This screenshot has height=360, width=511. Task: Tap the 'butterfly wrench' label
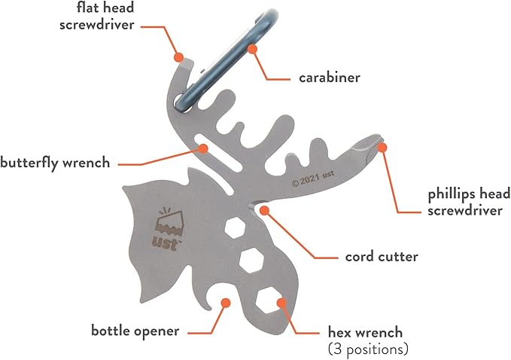55,162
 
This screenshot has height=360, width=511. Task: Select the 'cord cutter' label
381,256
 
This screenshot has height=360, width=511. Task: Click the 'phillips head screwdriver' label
464,203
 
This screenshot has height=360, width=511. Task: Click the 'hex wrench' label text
365,331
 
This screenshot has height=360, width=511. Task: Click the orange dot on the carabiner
252,49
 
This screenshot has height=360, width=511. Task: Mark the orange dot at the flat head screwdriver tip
178,56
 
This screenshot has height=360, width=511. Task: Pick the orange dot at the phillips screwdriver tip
382,147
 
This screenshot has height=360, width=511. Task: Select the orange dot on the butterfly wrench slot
202,148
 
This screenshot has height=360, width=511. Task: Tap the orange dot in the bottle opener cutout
224,302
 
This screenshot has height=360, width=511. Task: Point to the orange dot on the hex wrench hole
282,304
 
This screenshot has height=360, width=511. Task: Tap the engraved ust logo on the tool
167,228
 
